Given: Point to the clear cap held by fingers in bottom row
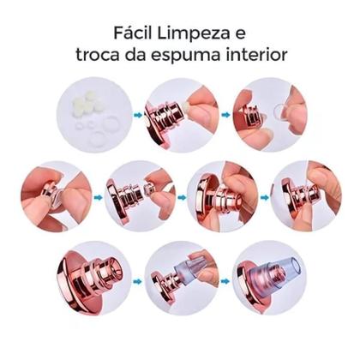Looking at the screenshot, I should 190,273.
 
